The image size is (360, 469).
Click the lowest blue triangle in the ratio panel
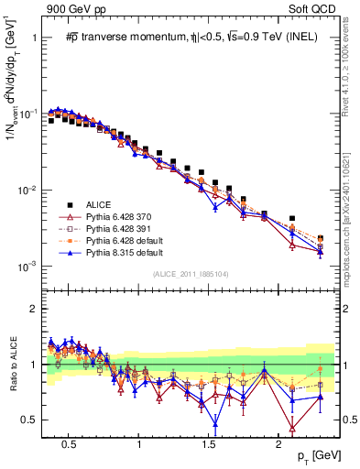215,423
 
